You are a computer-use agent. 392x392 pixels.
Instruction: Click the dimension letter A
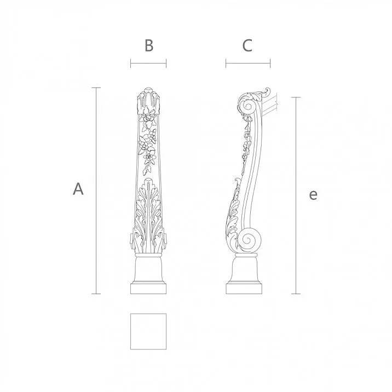pos(79,189)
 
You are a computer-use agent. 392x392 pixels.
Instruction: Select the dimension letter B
pos(148,46)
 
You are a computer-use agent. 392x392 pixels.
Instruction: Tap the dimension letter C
pos(247,46)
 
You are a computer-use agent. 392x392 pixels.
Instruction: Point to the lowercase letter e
pos(313,194)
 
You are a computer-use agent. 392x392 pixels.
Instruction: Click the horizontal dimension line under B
pos(148,64)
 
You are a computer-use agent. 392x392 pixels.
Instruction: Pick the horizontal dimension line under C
pos(247,64)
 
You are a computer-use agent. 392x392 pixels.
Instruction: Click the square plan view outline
pos(148,331)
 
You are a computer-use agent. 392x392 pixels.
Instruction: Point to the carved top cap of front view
pos(148,99)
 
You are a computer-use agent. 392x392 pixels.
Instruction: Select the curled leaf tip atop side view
pos(267,90)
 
